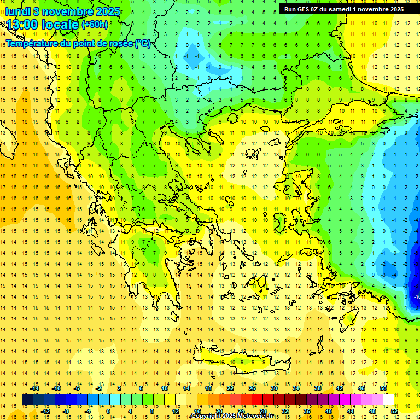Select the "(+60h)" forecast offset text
click(x=95, y=25)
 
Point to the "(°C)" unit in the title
click(x=143, y=43)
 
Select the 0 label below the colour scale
click(x=108, y=411)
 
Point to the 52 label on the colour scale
click(x=394, y=411)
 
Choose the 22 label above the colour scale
click(x=230, y=388)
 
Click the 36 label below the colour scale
click(x=306, y=411)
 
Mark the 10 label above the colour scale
click(x=165, y=388)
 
